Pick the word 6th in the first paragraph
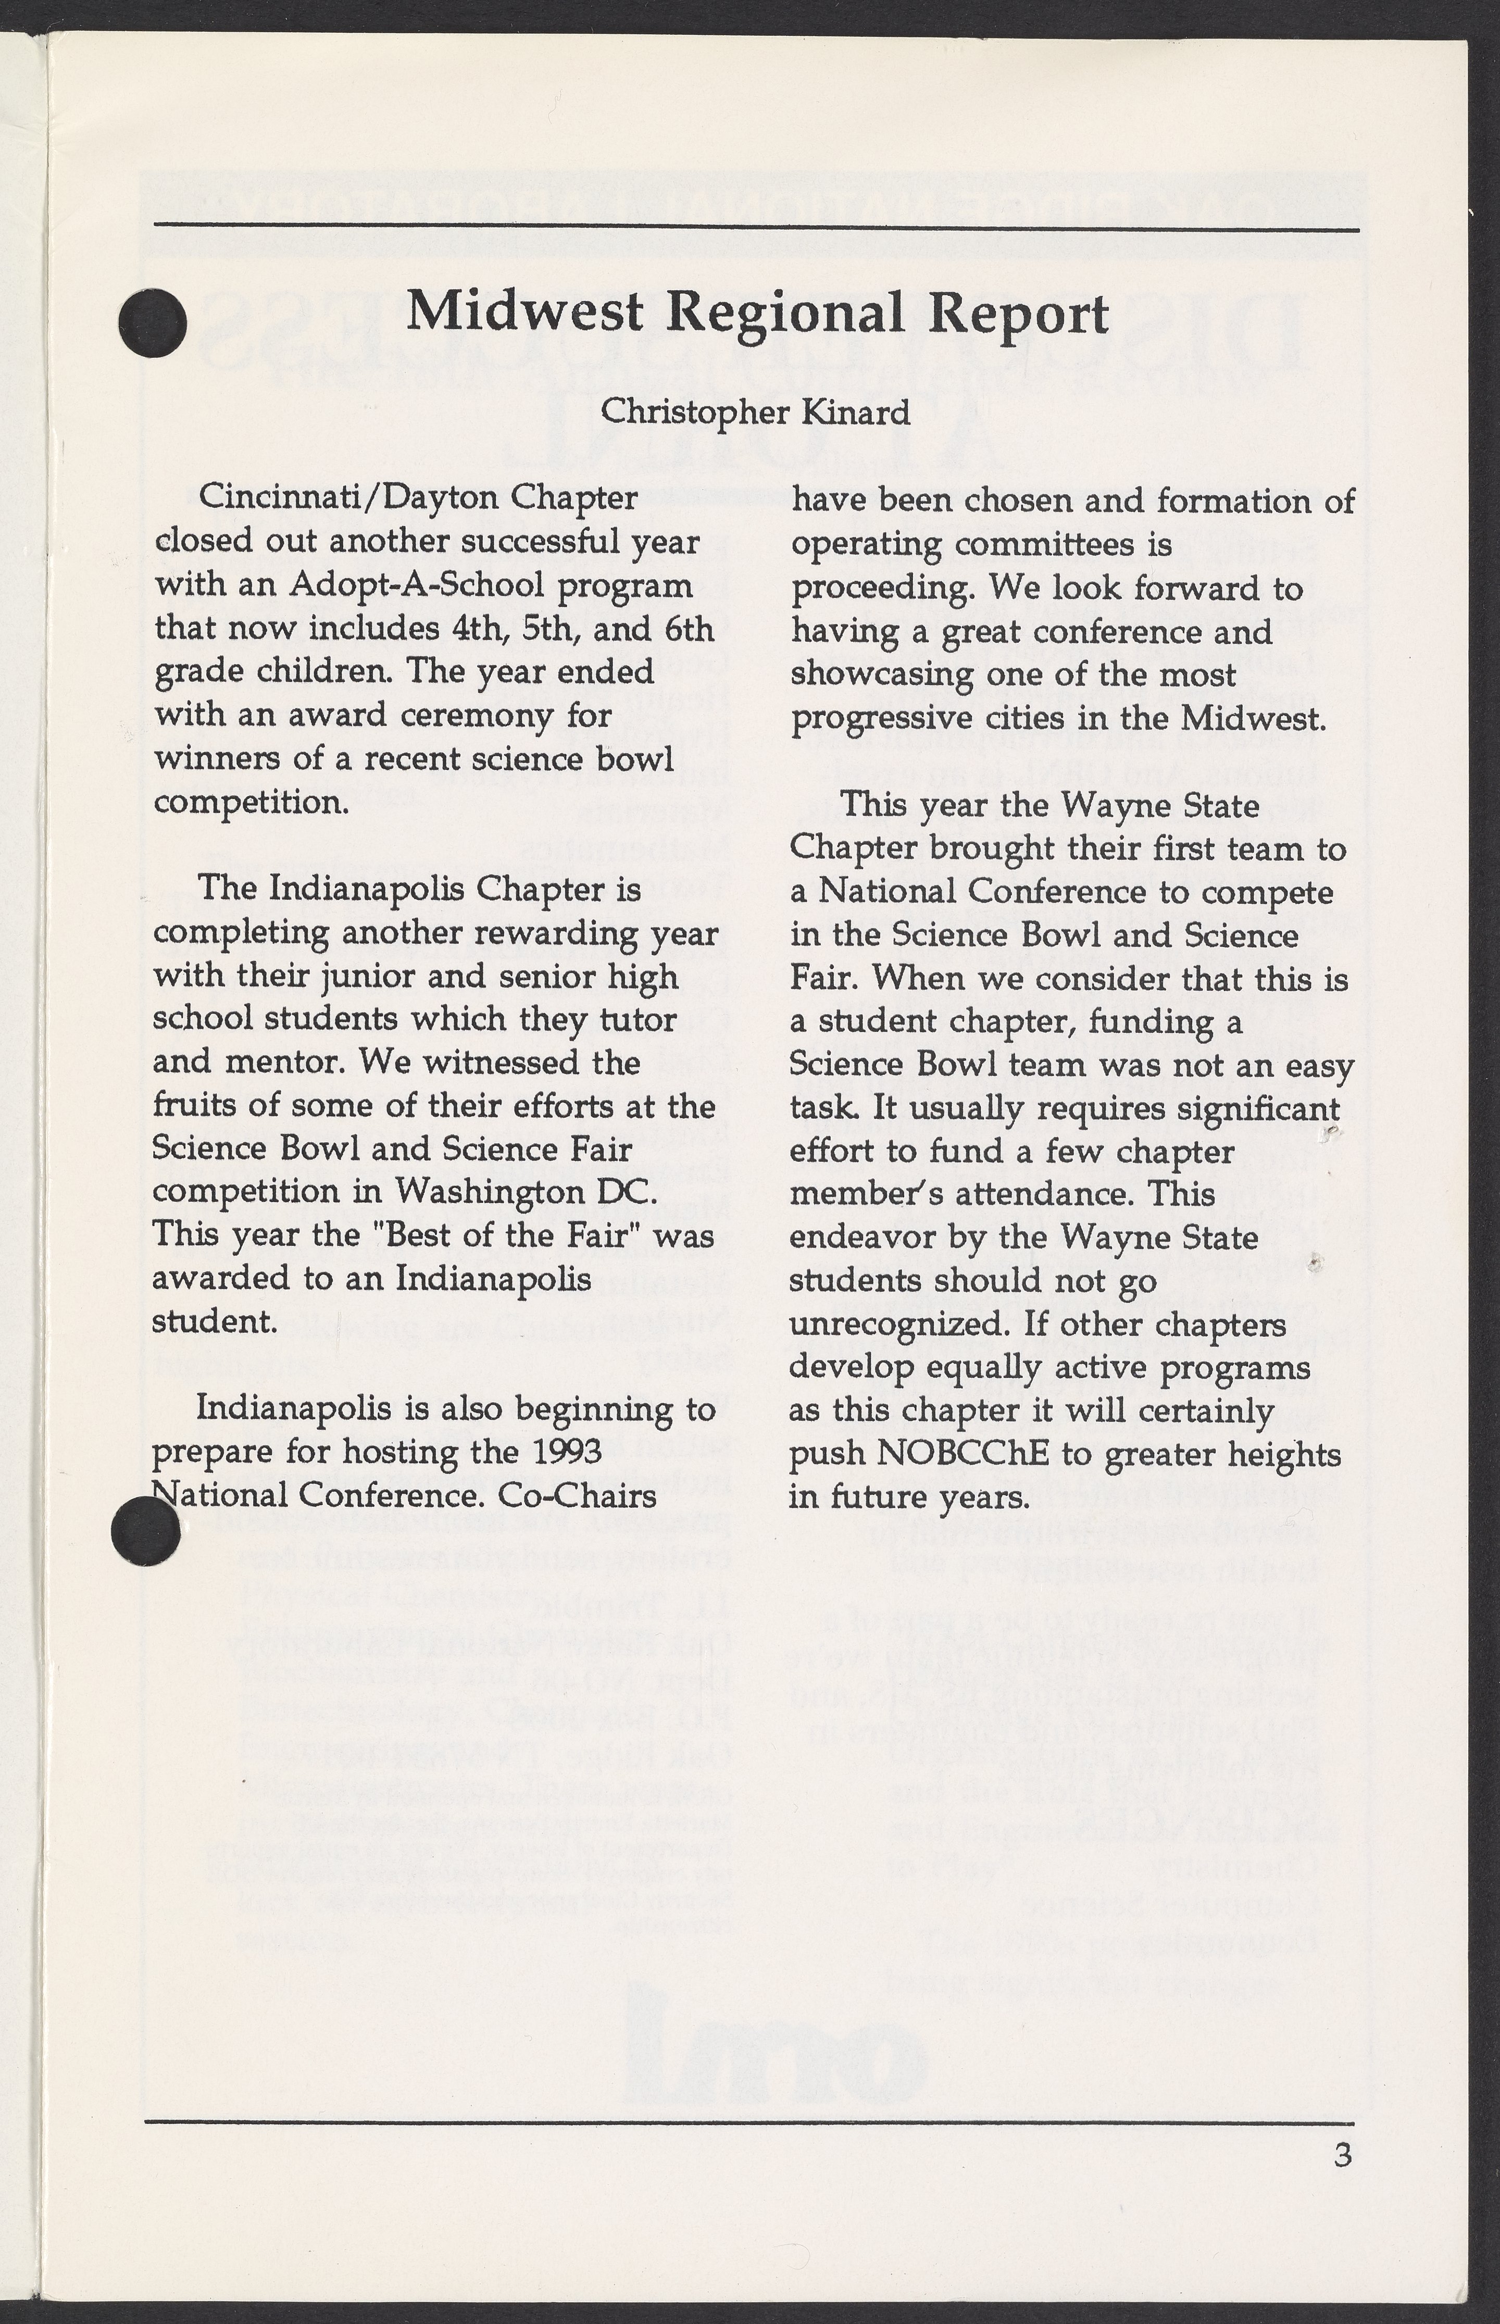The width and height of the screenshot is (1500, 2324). [x=687, y=628]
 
